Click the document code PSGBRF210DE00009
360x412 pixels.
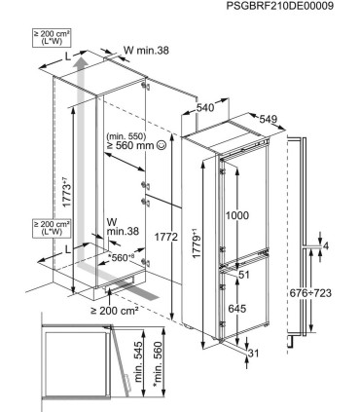point(279,6)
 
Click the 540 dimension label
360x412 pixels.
point(205,107)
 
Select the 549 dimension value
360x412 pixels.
point(269,120)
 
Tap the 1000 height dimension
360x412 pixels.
point(237,215)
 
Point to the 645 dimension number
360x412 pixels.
point(237,309)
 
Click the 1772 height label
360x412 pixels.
point(166,238)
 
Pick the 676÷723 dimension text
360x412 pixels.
point(310,293)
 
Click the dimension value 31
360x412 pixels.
point(254,354)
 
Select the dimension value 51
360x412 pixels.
point(244,275)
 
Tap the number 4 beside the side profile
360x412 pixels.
point(326,246)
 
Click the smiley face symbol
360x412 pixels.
point(161,145)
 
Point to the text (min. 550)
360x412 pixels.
point(126,136)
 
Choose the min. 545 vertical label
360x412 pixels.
point(138,361)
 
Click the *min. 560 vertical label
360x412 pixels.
point(158,364)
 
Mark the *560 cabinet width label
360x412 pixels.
point(122,257)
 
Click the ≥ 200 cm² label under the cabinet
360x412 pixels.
point(114,311)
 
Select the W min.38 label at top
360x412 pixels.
point(146,50)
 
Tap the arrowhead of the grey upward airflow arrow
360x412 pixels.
point(80,61)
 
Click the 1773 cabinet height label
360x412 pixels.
point(66,192)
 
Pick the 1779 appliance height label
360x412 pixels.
point(197,244)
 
